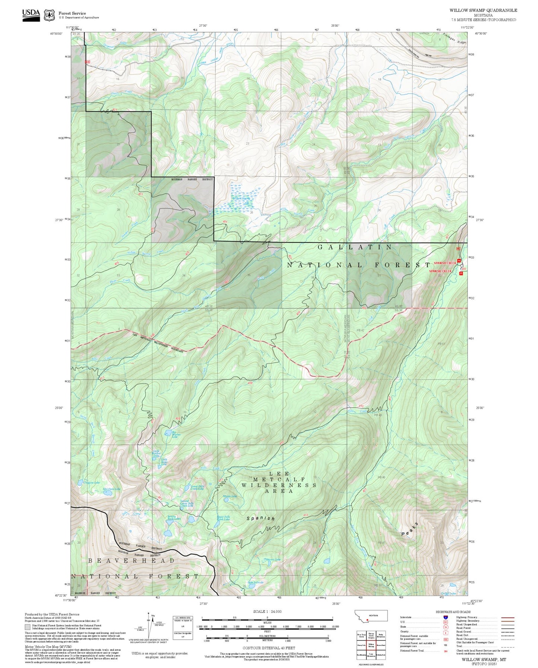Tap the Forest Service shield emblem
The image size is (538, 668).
pos(49,15)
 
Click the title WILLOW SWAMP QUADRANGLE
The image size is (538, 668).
pos(483,10)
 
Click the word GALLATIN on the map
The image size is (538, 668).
pos(355,247)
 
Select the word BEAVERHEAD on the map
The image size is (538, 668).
pos(131,560)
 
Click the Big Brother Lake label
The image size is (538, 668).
pos(176,434)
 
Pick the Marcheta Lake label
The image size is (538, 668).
pos(112,489)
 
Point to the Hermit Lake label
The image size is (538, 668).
pos(273,559)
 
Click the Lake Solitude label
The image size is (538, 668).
pos(255,582)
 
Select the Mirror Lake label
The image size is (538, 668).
pos(230,496)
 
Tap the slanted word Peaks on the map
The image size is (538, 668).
pos(410,529)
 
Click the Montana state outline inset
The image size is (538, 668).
pos(371,615)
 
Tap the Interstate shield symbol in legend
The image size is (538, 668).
pos(445,617)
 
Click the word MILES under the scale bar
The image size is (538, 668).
pos(267,622)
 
